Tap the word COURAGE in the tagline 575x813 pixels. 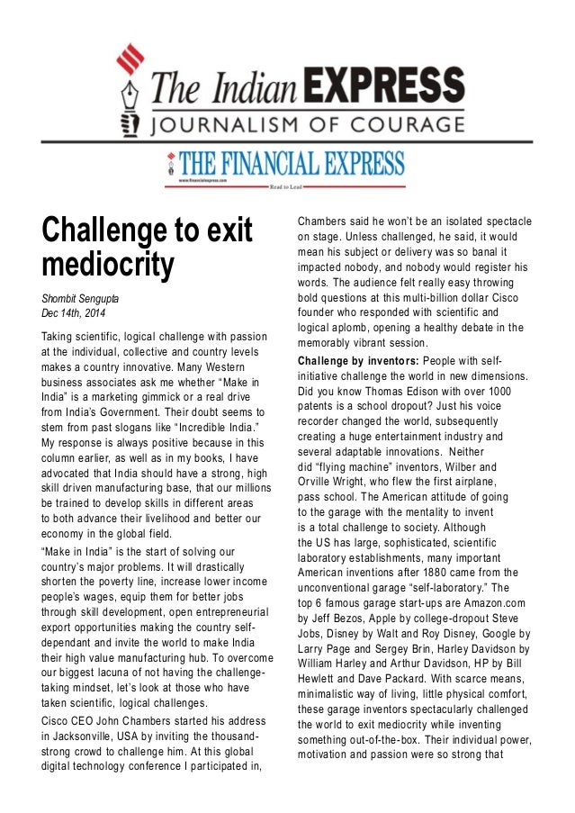click(x=410, y=124)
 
